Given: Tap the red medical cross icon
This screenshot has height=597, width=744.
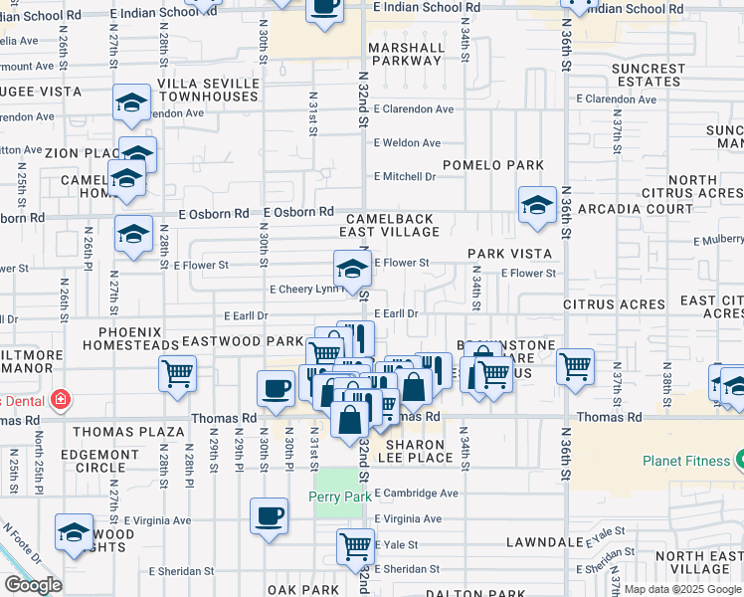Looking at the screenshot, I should pyautogui.click(x=61, y=400).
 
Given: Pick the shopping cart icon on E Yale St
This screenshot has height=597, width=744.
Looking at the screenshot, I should pyautogui.click(x=355, y=545).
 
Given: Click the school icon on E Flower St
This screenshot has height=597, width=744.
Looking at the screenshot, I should pyautogui.click(x=350, y=269).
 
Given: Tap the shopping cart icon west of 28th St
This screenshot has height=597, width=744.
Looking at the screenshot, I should pyautogui.click(x=178, y=374).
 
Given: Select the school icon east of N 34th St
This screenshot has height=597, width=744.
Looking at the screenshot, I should pyautogui.click(x=537, y=205).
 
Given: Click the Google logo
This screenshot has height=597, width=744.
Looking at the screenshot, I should pyautogui.click(x=33, y=586).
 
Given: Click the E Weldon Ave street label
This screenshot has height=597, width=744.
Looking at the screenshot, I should pyautogui.click(x=407, y=143).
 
